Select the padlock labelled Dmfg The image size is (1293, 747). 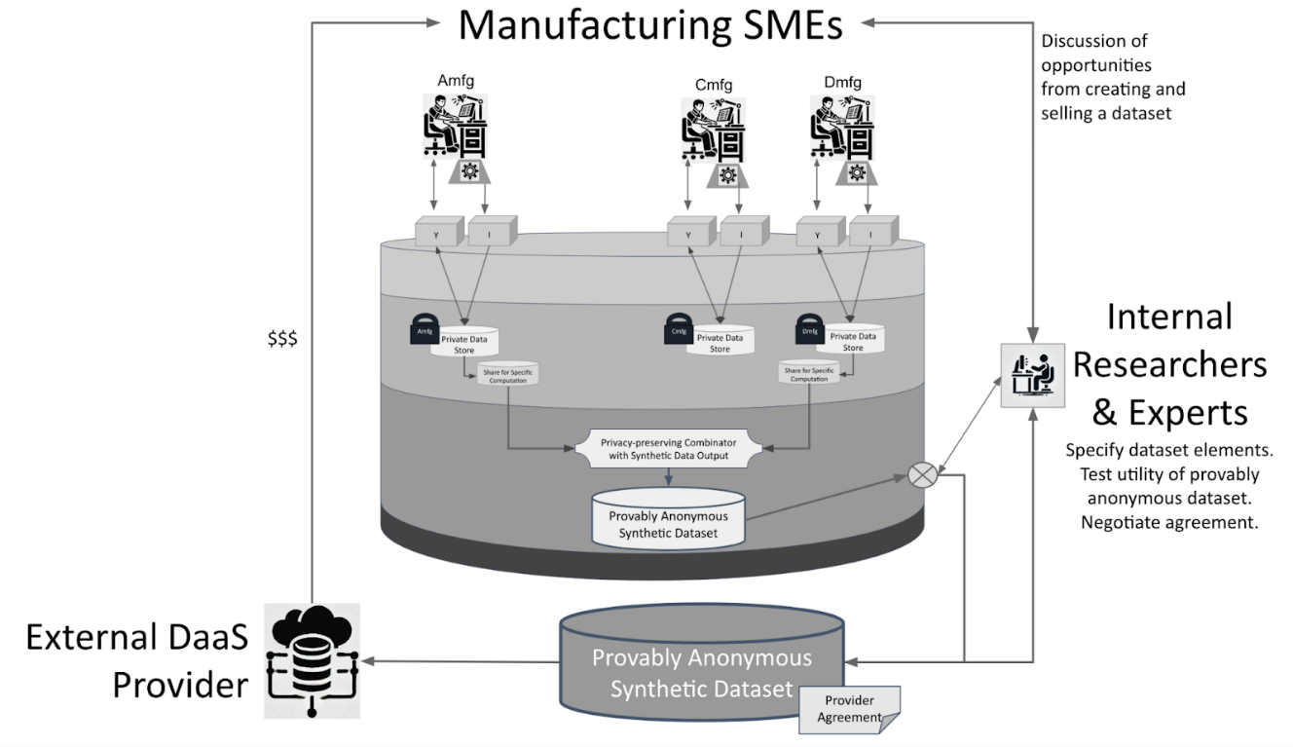click(x=810, y=328)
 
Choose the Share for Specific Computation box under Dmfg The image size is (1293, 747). click(x=809, y=373)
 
